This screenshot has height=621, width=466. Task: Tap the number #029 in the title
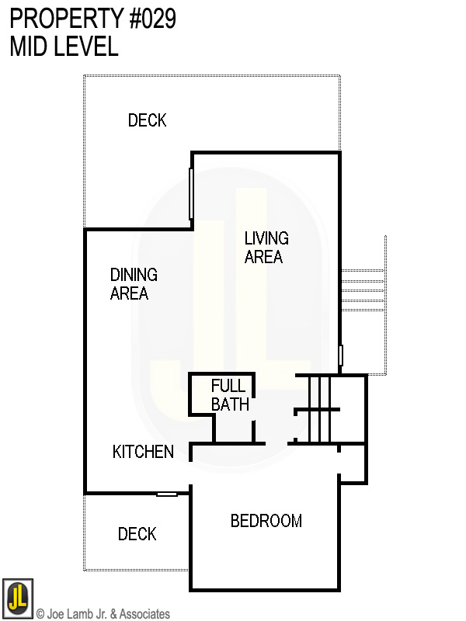tap(152, 19)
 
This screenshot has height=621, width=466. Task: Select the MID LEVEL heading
tap(64, 46)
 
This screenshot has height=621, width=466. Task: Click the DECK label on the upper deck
tap(147, 120)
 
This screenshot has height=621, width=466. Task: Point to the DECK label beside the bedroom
tap(137, 534)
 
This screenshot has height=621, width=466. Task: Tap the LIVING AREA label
tap(266, 248)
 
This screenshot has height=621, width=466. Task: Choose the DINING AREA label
tap(134, 284)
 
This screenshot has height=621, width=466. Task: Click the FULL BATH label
tap(230, 395)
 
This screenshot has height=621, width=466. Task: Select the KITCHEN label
tap(143, 452)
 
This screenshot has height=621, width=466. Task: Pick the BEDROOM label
tap(266, 521)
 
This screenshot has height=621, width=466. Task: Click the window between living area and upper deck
tap(191, 193)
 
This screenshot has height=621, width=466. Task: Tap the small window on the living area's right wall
tap(340, 355)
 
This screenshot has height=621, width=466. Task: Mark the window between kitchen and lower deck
tap(167, 494)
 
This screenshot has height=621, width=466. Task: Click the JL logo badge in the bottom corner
tap(18, 598)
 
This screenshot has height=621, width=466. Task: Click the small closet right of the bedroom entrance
tap(353, 463)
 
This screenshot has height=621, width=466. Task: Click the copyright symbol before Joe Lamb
tap(40, 614)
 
